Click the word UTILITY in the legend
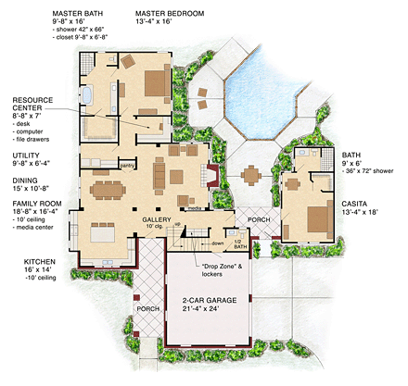[x=25, y=155]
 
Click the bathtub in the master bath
[x=87, y=97]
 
